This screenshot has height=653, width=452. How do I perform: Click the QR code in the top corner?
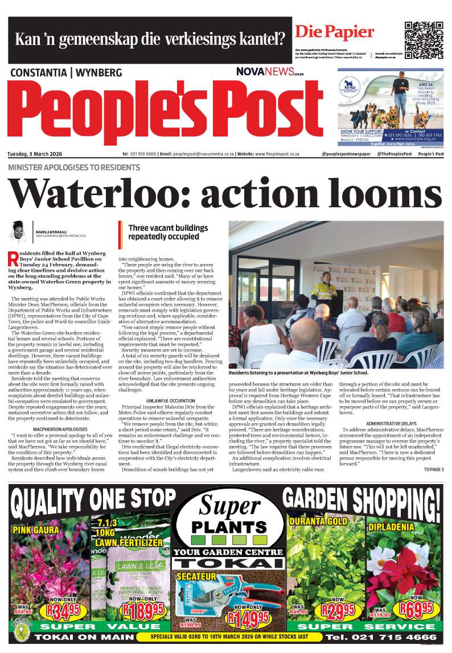click(x=424, y=36)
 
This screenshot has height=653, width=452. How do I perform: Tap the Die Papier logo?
click(x=334, y=32)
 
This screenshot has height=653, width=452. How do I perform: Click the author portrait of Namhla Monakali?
click(x=18, y=232)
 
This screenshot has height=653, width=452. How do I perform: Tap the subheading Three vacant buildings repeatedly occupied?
click(x=164, y=232)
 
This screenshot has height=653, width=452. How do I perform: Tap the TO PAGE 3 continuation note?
click(x=433, y=453)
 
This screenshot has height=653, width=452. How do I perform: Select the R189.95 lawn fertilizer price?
click(x=141, y=611)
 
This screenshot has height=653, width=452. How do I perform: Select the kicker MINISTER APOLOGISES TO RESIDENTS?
click(x=74, y=168)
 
